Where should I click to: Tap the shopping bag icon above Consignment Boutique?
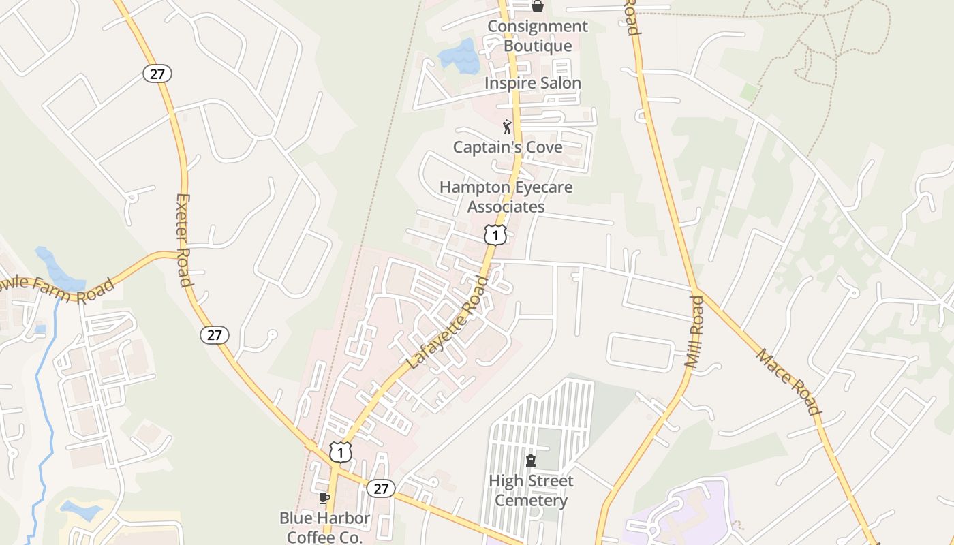[537, 6]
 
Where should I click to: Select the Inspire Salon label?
[532, 83]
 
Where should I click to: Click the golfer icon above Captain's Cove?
[506, 127]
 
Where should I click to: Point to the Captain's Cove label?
[508, 147]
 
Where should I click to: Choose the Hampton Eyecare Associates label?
[506, 197]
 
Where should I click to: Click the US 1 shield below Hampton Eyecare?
[495, 234]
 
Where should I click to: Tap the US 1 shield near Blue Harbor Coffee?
[341, 451]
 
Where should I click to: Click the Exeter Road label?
[184, 240]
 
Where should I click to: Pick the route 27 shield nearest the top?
[157, 74]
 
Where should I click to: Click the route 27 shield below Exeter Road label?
[215, 334]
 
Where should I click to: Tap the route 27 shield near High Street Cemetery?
[380, 488]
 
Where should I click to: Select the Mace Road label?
[788, 381]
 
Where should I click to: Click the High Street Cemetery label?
[531, 490]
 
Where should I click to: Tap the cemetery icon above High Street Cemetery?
[531, 461]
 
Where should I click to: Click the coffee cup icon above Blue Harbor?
[324, 498]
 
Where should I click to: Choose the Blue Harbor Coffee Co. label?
[324, 527]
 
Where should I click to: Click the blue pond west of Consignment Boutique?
[459, 56]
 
